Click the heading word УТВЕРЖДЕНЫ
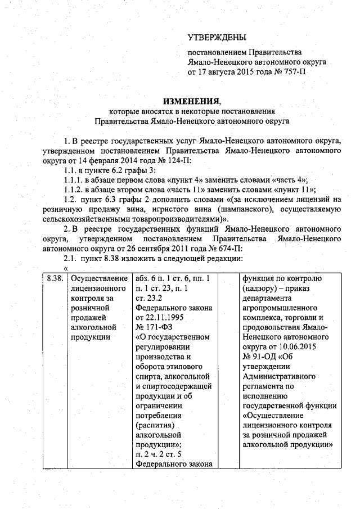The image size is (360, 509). (x=217, y=38)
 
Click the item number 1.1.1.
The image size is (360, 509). (x=73, y=180)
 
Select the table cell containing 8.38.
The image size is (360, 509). (x=54, y=279)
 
